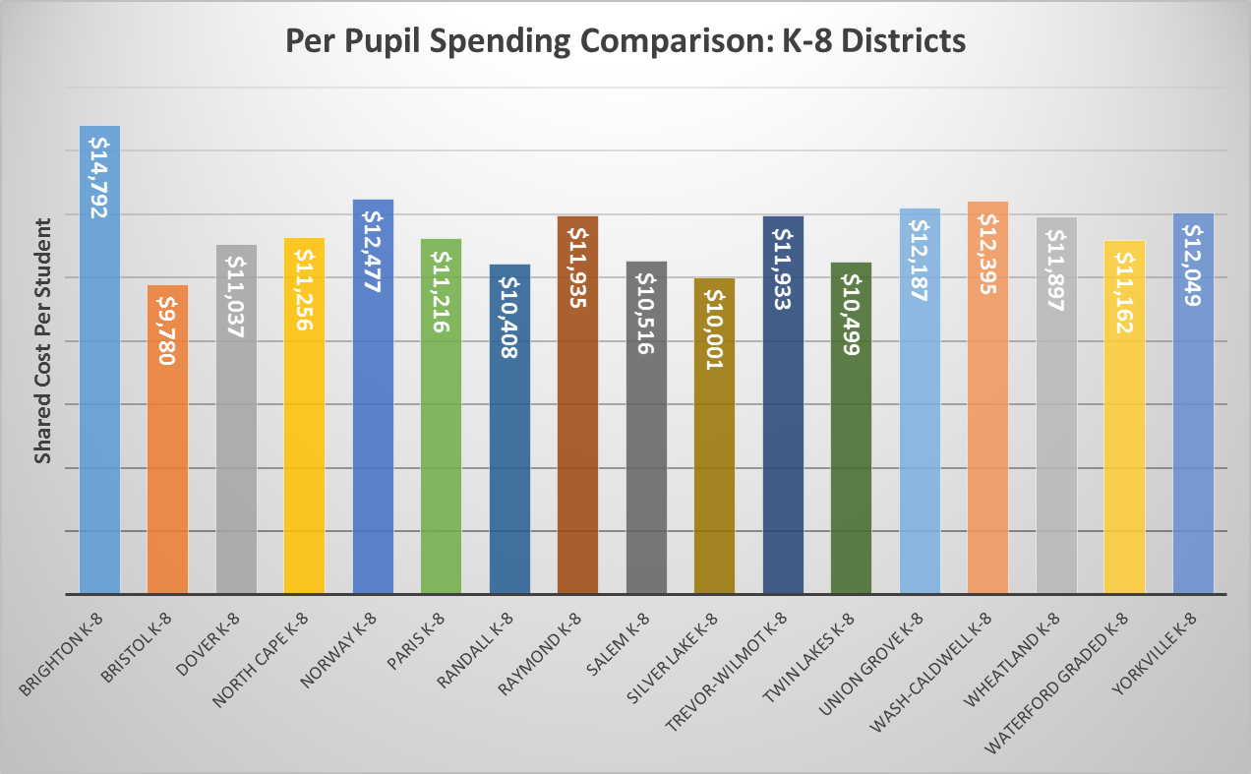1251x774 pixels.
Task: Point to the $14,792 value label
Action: pyautogui.click(x=99, y=176)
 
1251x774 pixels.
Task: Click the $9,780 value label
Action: pyautogui.click(x=167, y=326)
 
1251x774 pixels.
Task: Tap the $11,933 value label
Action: pyautogui.click(x=783, y=268)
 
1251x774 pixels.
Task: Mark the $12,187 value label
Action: pyautogui.click(x=920, y=261)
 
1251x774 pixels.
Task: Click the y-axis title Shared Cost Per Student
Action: pyautogui.click(x=43, y=339)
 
